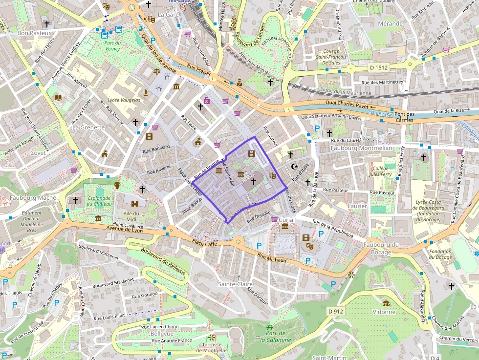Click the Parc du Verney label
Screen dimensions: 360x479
pyautogui.click(x=112, y=45)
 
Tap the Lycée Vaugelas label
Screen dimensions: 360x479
pyautogui.click(x=124, y=100)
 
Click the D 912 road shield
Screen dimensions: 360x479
pyautogui.click(x=336, y=311)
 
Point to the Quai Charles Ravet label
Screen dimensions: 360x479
pyautogui.click(x=347, y=104)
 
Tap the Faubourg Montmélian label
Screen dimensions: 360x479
pyautogui.click(x=361, y=148)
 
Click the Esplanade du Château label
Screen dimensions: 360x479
pyautogui.click(x=99, y=201)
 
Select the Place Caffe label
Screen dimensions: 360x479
pyautogui.click(x=204, y=243)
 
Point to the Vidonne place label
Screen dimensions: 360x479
pyautogui.click(x=384, y=311)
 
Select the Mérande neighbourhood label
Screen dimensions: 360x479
pyautogui.click(x=390, y=23)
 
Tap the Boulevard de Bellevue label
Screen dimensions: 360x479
pyautogui.click(x=163, y=262)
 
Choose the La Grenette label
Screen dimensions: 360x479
pyautogui.click(x=88, y=127)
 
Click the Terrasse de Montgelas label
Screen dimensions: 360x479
pyautogui.click(x=212, y=347)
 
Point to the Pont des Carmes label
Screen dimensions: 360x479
pyautogui.click(x=403, y=117)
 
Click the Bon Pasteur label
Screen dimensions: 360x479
pyautogui.click(x=31, y=33)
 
